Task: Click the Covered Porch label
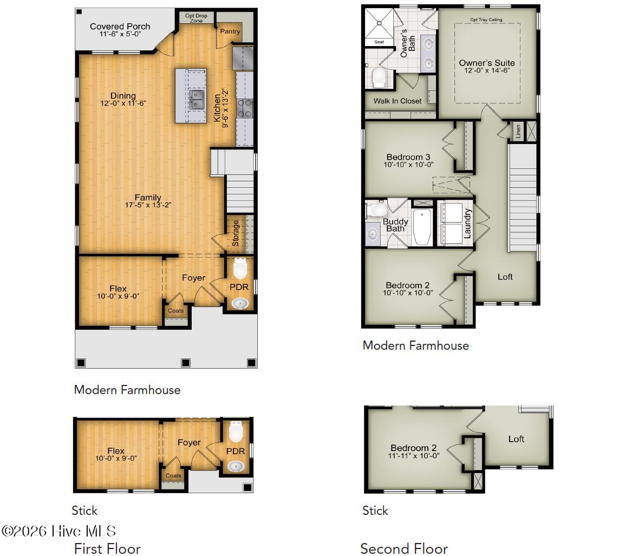point(120,27)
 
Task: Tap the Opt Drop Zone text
point(197,18)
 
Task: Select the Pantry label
point(230,32)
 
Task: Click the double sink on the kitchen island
point(196,99)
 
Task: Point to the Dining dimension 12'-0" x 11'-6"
point(123,103)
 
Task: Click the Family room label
point(148,198)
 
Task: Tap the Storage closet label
point(236,233)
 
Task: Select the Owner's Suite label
point(486,63)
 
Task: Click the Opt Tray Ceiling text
point(486,20)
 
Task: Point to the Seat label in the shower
point(379,42)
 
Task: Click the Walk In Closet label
point(397,101)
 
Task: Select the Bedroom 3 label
point(408,157)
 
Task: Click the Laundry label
point(468,224)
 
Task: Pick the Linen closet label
point(518,130)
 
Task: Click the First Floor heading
point(107,548)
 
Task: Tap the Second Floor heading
point(403,548)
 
